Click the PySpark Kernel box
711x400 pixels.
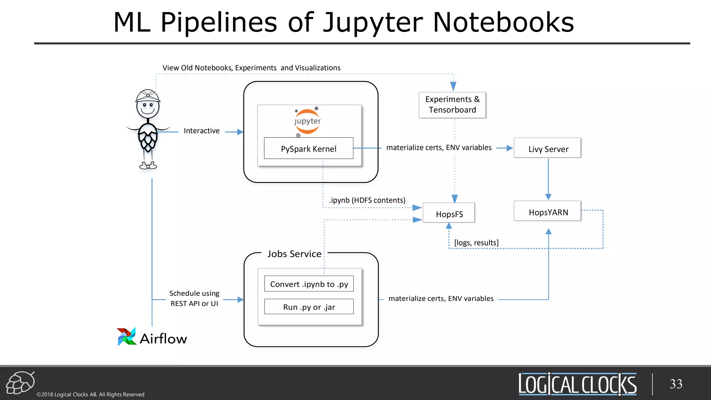coord(308,149)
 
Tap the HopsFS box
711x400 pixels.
coord(449,214)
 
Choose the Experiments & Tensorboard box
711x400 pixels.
coord(452,105)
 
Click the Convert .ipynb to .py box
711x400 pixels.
coord(309,284)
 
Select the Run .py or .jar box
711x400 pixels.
coord(309,307)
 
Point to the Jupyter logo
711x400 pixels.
coord(307,121)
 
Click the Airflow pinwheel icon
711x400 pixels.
coord(126,336)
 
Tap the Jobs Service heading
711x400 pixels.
coord(294,254)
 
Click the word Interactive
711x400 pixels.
coord(201,131)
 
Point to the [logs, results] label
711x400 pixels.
coord(476,243)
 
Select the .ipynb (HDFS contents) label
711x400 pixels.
coord(367,200)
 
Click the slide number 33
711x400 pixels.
coord(676,384)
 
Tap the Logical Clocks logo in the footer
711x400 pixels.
coord(577,384)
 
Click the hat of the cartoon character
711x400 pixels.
coord(148,95)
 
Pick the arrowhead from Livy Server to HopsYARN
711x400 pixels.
coord(548,197)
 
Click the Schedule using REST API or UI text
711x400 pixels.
coord(194,298)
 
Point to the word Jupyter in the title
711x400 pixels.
coord(373,23)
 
